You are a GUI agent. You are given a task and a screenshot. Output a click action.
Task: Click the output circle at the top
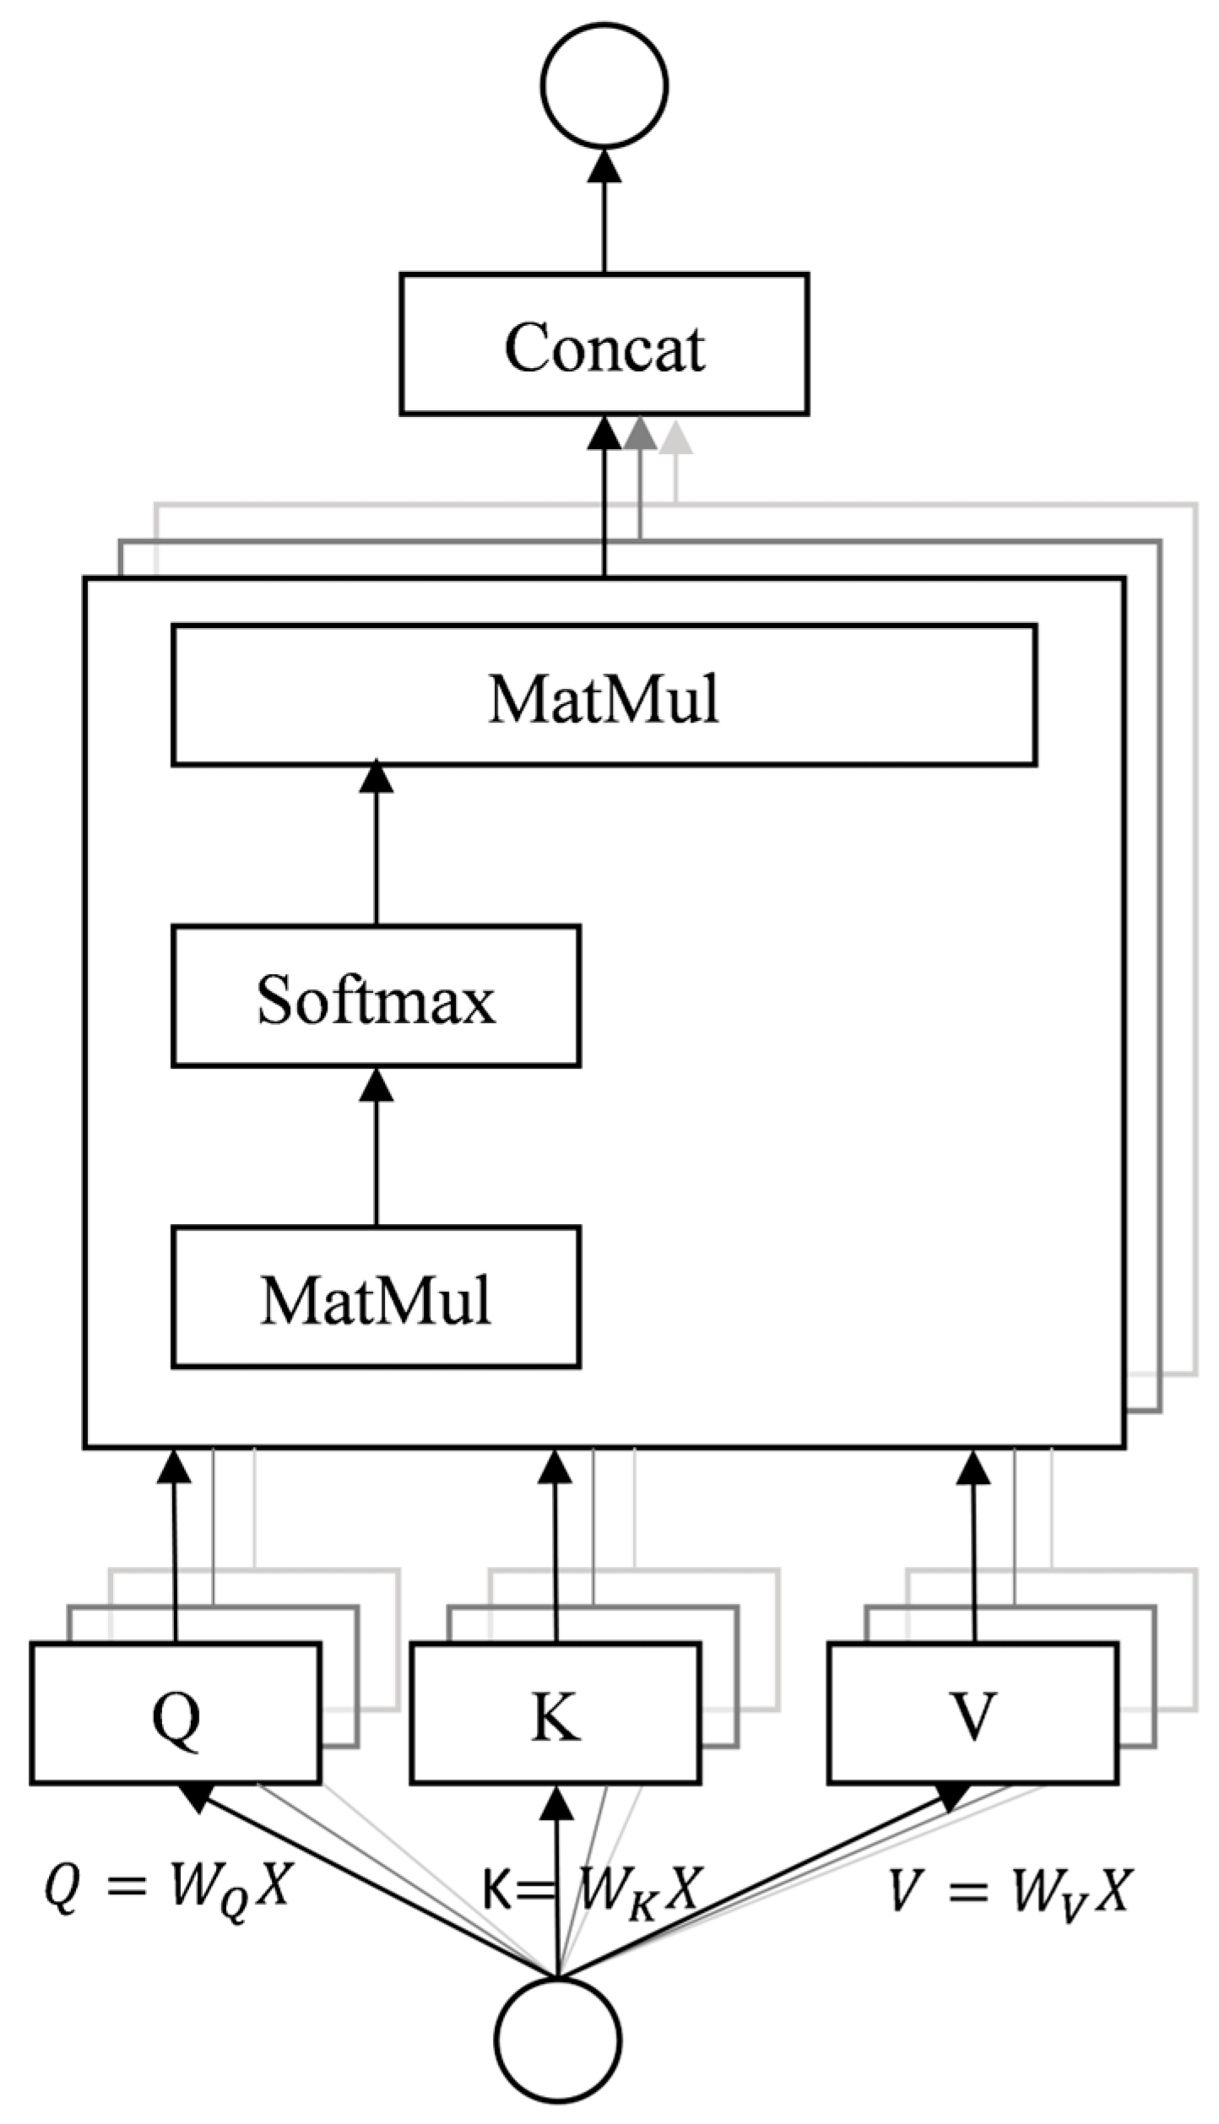(604, 84)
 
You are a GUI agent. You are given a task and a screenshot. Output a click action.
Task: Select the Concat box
(604, 344)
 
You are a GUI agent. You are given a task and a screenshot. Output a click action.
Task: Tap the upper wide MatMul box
(604, 695)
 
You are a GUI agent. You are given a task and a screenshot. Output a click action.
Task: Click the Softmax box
(376, 996)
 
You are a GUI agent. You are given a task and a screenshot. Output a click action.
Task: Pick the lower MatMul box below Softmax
(376, 1298)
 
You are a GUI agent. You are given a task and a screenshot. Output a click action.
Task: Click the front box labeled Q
(176, 1714)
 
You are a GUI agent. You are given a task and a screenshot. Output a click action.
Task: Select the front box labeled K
(555, 1714)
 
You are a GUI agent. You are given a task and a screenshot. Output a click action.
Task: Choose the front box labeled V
(972, 1714)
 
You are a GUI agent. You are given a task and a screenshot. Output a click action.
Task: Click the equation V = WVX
(1009, 1888)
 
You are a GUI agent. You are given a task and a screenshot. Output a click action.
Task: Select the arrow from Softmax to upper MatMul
(376, 844)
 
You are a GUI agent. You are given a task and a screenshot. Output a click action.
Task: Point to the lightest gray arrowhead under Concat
(675, 437)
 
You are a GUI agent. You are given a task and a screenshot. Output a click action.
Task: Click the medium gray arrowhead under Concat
(640, 434)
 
